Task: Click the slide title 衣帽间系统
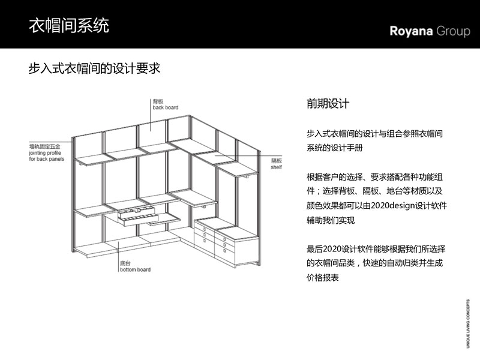coord(69,25)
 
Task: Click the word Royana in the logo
coord(411,31)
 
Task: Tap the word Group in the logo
coord(453,31)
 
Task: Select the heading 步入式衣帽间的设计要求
coord(94,68)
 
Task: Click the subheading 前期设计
coord(328,104)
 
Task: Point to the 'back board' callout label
coord(166,107)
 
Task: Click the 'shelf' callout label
coord(276,167)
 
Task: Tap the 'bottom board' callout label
coord(136,269)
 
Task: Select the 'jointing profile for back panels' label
coord(47,156)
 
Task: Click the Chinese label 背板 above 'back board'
coord(158,101)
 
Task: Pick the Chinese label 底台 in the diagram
coord(125,263)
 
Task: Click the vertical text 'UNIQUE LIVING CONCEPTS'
coord(468,323)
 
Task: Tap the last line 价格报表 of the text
coord(323,278)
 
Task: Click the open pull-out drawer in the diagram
coord(139,216)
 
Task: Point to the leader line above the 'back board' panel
coord(151,115)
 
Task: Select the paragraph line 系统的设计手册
coord(335,148)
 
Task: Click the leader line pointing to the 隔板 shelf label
coord(248,155)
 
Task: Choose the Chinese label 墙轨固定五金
coord(44,146)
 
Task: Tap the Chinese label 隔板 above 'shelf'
coord(277,161)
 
